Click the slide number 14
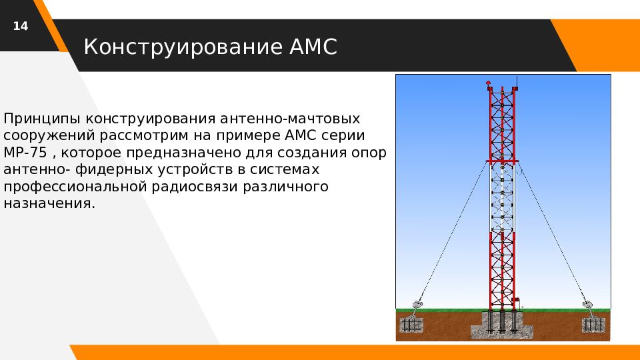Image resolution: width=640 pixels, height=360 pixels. pyautogui.click(x=21, y=26)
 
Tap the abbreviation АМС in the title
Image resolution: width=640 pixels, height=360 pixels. pyautogui.click(x=313, y=47)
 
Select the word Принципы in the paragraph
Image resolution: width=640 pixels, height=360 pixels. pyautogui.click(x=42, y=119)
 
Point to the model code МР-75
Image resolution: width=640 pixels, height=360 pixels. pyautogui.click(x=25, y=153)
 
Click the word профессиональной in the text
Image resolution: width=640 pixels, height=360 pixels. pyautogui.click(x=75, y=187)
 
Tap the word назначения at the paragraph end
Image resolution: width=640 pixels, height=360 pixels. pyautogui.click(x=49, y=203)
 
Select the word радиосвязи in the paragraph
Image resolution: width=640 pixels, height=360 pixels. pyautogui.click(x=195, y=187)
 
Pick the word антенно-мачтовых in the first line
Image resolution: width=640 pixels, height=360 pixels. pyautogui.click(x=290, y=119)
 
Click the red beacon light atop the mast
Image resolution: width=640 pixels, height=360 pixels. pyautogui.click(x=488, y=83)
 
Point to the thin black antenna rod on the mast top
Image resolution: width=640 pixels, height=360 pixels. pyautogui.click(x=517, y=81)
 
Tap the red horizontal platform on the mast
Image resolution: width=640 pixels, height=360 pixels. pyautogui.click(x=503, y=161)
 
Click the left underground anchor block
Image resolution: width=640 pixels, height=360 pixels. pyautogui.click(x=411, y=325)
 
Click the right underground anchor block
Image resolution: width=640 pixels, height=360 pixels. pyautogui.click(x=593, y=325)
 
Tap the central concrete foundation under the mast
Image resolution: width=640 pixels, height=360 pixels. pyautogui.click(x=502, y=325)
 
